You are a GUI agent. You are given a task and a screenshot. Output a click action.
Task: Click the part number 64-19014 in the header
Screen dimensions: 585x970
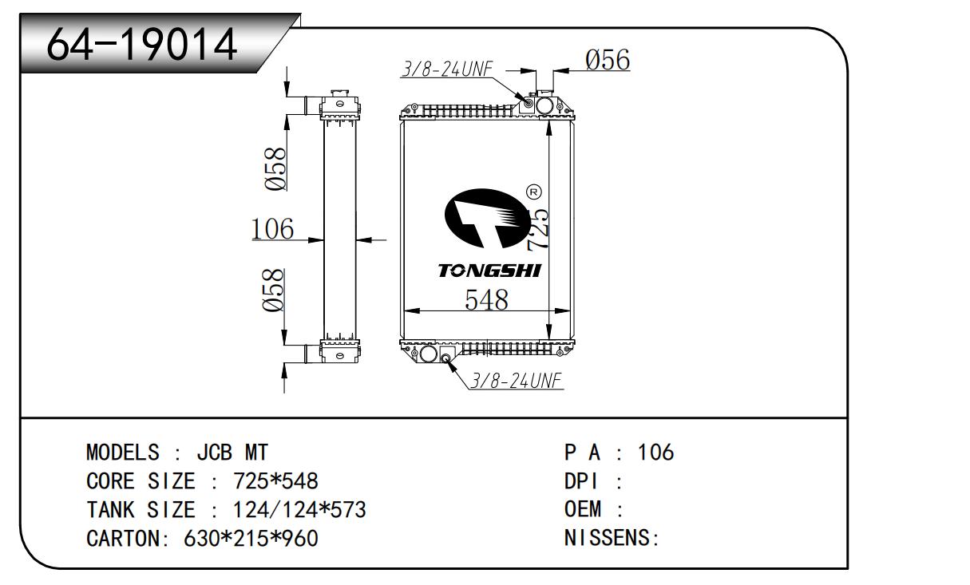(x=142, y=45)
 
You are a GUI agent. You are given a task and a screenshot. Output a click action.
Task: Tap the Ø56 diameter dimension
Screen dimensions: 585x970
(x=608, y=60)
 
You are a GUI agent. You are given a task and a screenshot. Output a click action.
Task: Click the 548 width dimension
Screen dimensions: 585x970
(x=486, y=299)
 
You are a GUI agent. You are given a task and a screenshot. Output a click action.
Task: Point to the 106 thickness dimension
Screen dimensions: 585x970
(x=272, y=228)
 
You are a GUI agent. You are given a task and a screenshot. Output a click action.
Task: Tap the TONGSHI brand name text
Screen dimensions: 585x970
(x=489, y=271)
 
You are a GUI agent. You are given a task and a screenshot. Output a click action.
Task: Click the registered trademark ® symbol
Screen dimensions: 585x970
(x=534, y=192)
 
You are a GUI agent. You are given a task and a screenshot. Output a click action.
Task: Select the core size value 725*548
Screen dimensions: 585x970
(x=275, y=481)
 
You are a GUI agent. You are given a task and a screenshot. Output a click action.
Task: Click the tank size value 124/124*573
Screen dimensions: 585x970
(x=299, y=509)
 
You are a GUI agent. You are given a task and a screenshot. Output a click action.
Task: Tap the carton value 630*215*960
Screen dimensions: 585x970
(x=251, y=538)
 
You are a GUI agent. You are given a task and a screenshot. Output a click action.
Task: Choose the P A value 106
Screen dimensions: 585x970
(x=655, y=453)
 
